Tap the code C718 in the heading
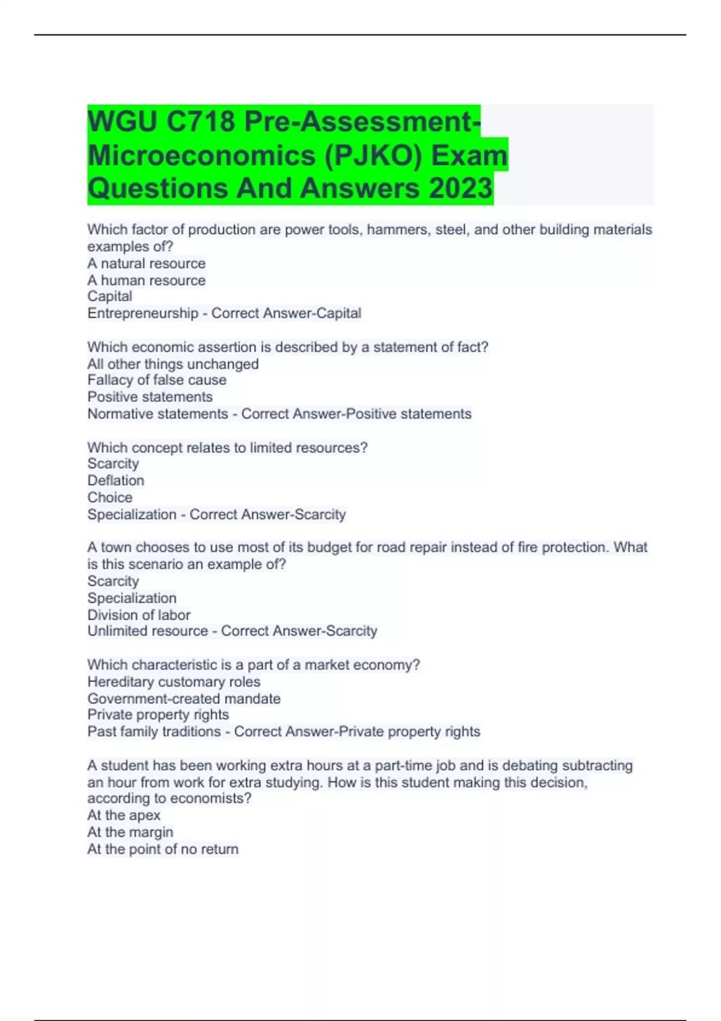click(x=201, y=122)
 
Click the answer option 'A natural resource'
click(x=146, y=264)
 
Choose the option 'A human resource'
click(x=146, y=280)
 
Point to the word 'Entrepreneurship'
click(x=142, y=314)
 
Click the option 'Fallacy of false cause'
click(x=157, y=380)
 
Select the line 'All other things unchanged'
click(x=173, y=364)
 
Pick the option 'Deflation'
click(x=115, y=480)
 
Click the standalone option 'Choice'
click(x=109, y=497)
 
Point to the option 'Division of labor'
click(x=139, y=615)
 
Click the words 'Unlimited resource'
click(x=147, y=631)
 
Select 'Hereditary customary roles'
click(x=174, y=682)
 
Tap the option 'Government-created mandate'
click(x=184, y=698)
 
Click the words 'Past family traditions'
click(x=154, y=732)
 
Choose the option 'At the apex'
click(x=124, y=815)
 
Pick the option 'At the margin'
click(x=130, y=832)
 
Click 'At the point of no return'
click(x=163, y=849)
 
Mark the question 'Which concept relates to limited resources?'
click(x=227, y=447)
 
